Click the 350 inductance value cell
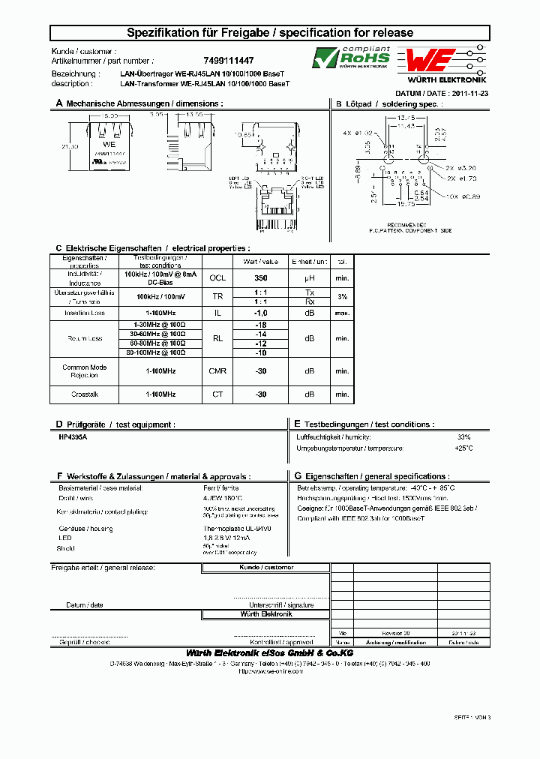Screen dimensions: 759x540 (x=261, y=277)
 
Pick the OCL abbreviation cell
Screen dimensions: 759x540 (x=217, y=277)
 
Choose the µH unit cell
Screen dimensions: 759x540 (x=310, y=277)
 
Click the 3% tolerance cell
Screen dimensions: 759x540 (x=343, y=297)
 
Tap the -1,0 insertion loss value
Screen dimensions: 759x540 (x=261, y=313)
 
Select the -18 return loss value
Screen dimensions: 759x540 (x=261, y=325)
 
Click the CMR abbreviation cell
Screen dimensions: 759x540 (x=217, y=371)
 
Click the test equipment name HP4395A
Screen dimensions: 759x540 (x=73, y=436)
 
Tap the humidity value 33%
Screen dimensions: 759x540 (x=463, y=436)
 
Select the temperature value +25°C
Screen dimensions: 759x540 (x=463, y=448)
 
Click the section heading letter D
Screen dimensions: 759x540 (x=59, y=424)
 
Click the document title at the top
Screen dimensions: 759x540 (x=269, y=33)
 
